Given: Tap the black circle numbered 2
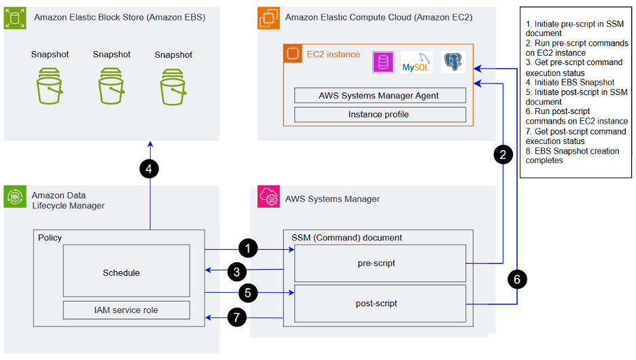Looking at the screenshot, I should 502,154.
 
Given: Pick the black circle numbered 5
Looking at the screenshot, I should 249,293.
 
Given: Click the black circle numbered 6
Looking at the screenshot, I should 517,279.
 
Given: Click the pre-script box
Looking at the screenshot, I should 380,263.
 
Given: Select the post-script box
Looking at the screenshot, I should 380,303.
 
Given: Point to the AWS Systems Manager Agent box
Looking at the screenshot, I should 380,95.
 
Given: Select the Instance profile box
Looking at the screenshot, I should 380,114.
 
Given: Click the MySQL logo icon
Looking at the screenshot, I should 416,62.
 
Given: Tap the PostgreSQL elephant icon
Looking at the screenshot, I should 453,62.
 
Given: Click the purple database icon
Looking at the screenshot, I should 383,62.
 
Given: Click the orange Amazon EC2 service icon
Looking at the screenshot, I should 267,17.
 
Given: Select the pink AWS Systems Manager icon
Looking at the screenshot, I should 267,199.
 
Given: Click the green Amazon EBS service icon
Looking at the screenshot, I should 14,17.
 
